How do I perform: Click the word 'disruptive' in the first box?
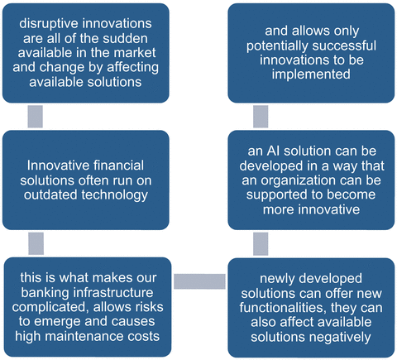click(46, 24)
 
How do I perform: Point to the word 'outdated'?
click(51, 194)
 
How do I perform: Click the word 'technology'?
click(114, 195)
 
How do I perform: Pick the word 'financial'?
click(118, 166)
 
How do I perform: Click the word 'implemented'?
click(311, 74)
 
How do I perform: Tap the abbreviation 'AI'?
click(273, 151)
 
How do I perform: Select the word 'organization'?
click(299, 181)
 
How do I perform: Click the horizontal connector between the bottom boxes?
click(199, 281)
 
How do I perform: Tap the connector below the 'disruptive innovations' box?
click(36, 117)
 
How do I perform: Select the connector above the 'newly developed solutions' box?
click(261, 244)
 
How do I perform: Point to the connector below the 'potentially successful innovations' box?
click(261, 117)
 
